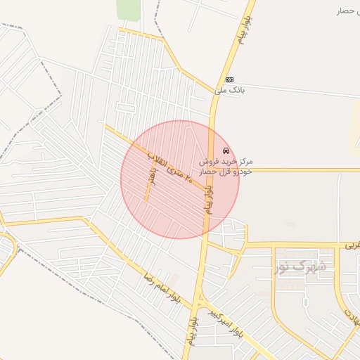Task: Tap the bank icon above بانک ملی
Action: [229, 79]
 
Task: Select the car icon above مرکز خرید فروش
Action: [225, 151]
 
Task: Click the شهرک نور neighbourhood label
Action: [300, 266]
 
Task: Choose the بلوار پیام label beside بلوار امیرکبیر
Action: [192, 331]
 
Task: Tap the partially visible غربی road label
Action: [352, 246]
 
